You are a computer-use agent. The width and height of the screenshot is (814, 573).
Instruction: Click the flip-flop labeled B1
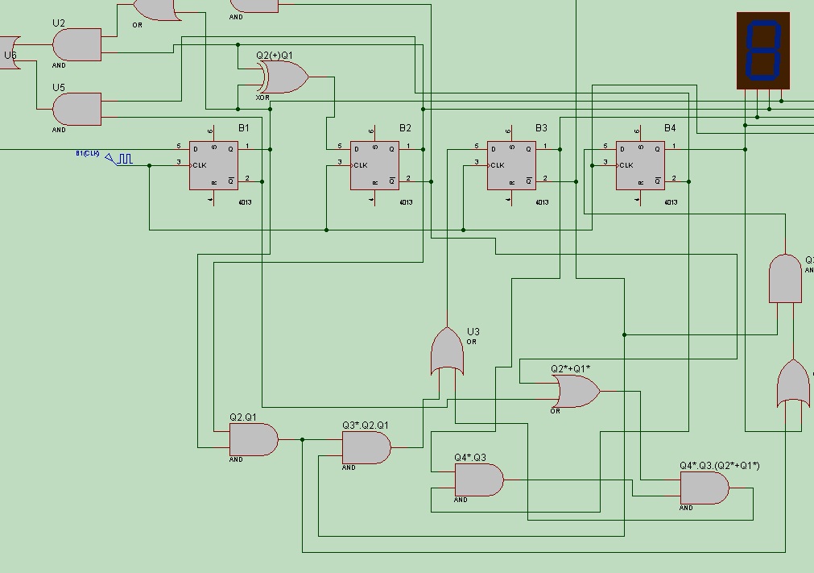pos(213,165)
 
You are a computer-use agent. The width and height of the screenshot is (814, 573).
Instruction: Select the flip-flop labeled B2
pos(374,165)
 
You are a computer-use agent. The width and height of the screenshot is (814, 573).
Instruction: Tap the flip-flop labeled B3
pos(511,165)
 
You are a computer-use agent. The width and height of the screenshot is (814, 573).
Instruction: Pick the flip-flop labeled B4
pos(640,165)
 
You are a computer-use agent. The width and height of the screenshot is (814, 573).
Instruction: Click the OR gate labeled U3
pos(448,352)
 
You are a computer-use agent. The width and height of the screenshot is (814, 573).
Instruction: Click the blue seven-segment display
pos(763,50)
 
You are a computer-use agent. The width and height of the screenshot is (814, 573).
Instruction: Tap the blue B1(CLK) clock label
pos(88,153)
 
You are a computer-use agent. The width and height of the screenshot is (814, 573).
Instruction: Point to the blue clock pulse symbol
pos(122,160)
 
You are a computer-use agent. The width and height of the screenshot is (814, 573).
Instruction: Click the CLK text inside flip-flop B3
pos(497,165)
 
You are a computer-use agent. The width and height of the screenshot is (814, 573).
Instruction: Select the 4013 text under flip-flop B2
pos(406,202)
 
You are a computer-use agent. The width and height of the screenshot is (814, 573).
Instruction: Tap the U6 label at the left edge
pos(10,56)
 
